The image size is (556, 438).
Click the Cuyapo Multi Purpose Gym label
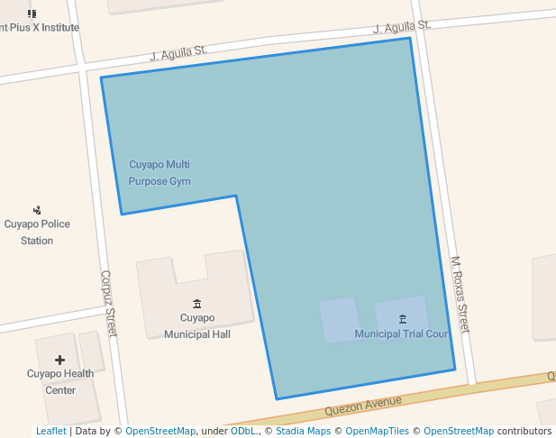click(x=160, y=173)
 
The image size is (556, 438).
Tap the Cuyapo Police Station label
click(x=37, y=233)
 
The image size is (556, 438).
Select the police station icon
click(x=37, y=210)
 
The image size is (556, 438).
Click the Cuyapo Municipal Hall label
click(x=197, y=325)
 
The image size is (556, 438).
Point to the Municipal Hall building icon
click(x=197, y=303)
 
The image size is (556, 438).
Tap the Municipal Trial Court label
click(x=402, y=334)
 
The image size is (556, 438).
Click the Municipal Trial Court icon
click(x=402, y=318)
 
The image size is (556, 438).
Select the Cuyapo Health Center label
click(x=60, y=382)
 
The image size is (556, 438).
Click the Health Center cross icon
click(x=60, y=360)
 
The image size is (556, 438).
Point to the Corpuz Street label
click(x=109, y=304)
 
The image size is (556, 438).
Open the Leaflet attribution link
click(x=50, y=432)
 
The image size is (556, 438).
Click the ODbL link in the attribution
click(x=243, y=432)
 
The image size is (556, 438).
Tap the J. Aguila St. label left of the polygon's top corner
click(x=178, y=54)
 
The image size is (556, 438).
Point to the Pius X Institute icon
click(x=32, y=13)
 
